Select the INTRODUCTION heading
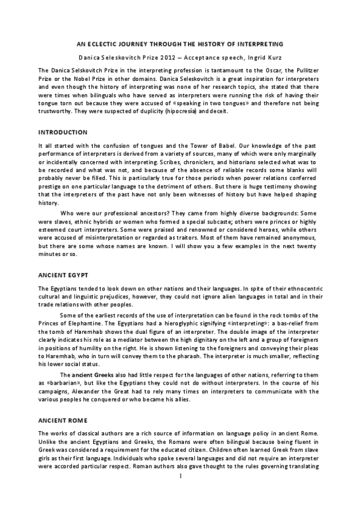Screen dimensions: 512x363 [63, 132]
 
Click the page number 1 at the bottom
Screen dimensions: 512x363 [181, 493]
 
